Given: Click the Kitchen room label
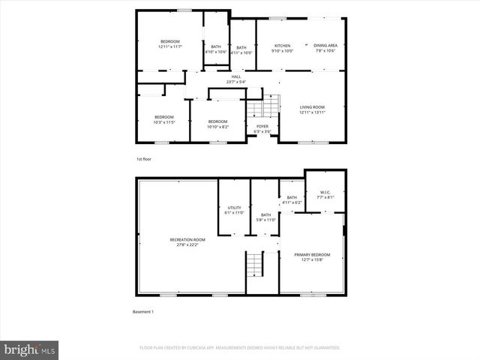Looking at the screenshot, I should pos(283,48).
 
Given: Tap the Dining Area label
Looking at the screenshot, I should pos(325,48).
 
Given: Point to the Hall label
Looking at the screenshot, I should pos(235,79).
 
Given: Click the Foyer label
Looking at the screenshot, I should pos(262,128).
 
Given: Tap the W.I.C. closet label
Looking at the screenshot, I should pos(325,196).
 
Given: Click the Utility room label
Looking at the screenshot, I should pos(235,210).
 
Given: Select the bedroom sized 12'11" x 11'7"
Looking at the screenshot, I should pos(170,43).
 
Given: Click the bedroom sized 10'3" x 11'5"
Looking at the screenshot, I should pos(163,118).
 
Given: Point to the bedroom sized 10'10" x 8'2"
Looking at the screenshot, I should pos(217,124).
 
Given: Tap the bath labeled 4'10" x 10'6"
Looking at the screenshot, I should pos(216,49).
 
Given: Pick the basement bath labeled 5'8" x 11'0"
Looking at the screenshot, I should pos(265,217).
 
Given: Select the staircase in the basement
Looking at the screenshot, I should pos(255,264).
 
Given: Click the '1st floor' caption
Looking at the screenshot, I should pos(144,160).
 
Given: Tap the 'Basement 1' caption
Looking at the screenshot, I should pos(142,311).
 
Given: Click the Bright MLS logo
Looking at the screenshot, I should pos(30,349).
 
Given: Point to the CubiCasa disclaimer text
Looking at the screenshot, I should pos(239,348).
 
